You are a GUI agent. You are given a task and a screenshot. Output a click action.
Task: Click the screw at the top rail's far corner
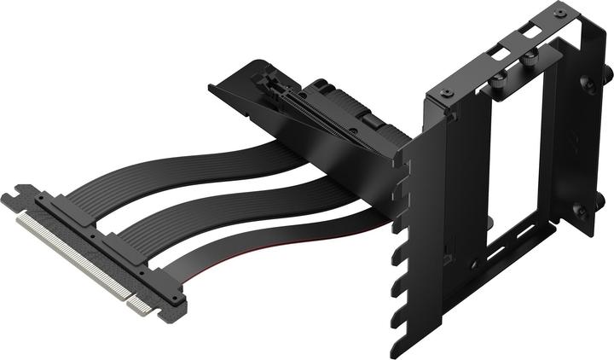click(x=559, y=13)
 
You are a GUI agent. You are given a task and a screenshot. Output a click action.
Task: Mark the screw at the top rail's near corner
click(x=445, y=92)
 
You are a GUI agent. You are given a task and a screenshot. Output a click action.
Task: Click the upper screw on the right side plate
click(x=588, y=84)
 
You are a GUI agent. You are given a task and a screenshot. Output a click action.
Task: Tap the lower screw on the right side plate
click(x=580, y=207)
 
